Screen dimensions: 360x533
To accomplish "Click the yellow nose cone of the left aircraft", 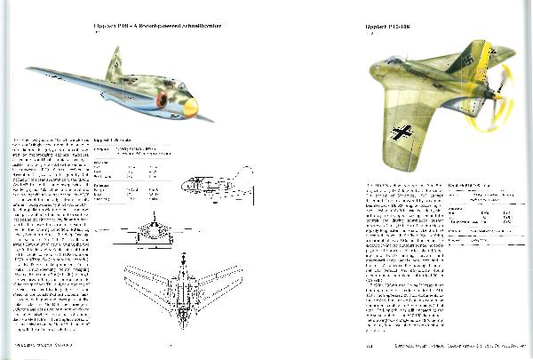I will tap(189, 108).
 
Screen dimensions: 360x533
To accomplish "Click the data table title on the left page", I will tap(113, 140).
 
